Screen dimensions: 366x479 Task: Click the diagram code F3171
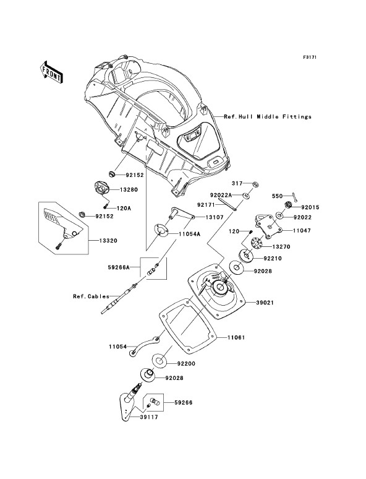click(310, 57)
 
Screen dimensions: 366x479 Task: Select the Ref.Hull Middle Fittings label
click(268, 117)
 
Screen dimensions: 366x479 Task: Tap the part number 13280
click(129, 190)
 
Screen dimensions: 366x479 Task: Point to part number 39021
click(265, 303)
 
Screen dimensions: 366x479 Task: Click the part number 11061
click(236, 337)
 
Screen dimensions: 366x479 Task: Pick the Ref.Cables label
click(91, 296)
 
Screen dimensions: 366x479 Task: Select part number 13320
click(108, 241)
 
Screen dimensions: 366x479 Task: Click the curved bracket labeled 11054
click(145, 345)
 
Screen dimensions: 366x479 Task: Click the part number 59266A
click(119, 267)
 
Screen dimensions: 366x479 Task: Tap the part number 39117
click(149, 417)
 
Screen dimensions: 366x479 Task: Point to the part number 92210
click(273, 259)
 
